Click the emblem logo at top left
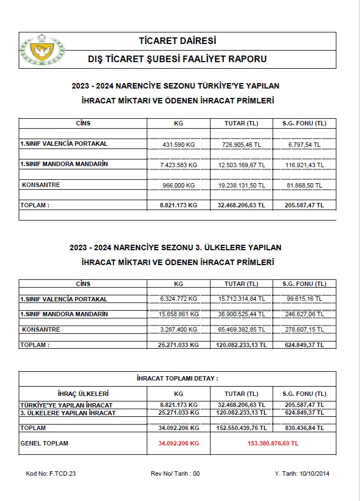[x=41, y=50]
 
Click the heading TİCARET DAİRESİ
[x=178, y=41]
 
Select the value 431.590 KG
[x=178, y=144]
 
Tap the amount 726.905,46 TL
[x=241, y=144]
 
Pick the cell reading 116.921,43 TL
[x=304, y=164]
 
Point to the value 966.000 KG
[x=178, y=185]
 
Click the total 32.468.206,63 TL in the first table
[x=241, y=205]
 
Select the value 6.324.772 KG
[x=178, y=299]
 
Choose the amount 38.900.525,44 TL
[x=241, y=314]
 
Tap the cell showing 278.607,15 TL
[x=304, y=329]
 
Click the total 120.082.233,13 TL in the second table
[x=241, y=345]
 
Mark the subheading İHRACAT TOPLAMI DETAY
[x=178, y=379]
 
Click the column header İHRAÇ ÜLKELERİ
[x=83, y=394]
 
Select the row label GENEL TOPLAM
[x=44, y=443]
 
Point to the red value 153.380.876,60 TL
[x=273, y=443]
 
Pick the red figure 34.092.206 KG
[x=178, y=443]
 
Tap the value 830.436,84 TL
[x=304, y=428]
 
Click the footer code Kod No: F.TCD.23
[x=51, y=474]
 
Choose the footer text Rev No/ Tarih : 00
[x=175, y=474]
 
